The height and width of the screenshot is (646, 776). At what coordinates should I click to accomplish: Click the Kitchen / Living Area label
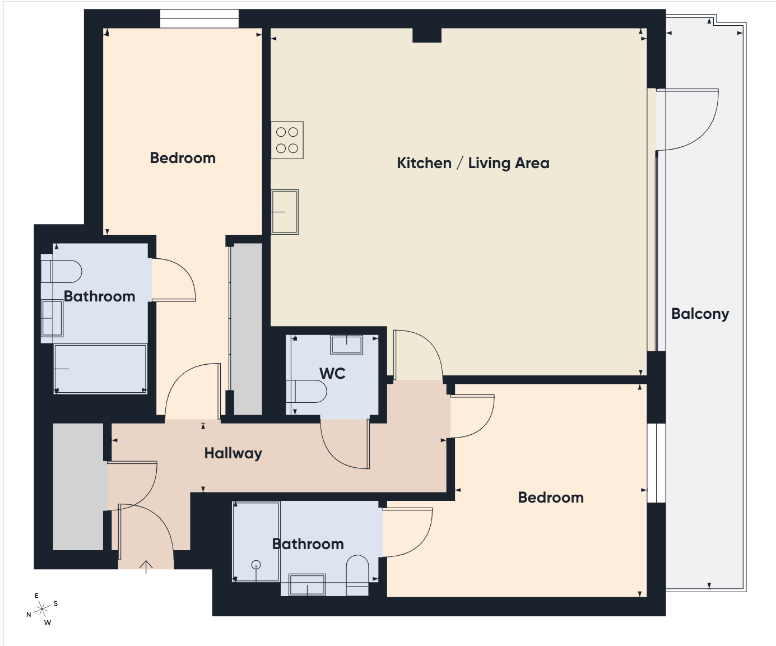(473, 163)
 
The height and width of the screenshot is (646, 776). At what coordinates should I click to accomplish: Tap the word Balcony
(700, 314)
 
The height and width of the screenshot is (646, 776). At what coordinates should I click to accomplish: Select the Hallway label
(233, 453)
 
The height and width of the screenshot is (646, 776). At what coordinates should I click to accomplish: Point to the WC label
(332, 373)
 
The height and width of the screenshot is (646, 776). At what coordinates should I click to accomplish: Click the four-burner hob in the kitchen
(287, 140)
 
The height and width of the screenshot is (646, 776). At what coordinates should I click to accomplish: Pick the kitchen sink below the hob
(285, 212)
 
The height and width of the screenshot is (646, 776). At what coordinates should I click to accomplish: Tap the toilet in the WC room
(306, 392)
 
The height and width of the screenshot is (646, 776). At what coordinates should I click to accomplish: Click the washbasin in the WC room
(346, 345)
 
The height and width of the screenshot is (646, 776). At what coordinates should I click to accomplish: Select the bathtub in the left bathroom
(100, 369)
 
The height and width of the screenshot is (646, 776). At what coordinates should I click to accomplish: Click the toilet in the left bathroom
(61, 271)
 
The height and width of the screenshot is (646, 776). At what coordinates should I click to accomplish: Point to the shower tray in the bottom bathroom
(256, 541)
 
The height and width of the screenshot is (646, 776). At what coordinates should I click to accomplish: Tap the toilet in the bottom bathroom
(357, 575)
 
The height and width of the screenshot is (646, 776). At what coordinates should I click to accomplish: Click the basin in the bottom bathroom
(308, 585)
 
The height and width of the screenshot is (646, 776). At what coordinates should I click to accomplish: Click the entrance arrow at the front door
(146, 567)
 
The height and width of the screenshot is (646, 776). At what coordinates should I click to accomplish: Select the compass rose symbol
(42, 609)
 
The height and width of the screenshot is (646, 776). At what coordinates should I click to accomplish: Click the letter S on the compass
(55, 603)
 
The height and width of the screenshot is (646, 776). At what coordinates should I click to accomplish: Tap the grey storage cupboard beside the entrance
(78, 486)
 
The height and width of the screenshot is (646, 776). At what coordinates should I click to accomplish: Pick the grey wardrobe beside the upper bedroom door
(248, 329)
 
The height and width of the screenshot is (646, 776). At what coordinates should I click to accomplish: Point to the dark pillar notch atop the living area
(427, 35)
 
